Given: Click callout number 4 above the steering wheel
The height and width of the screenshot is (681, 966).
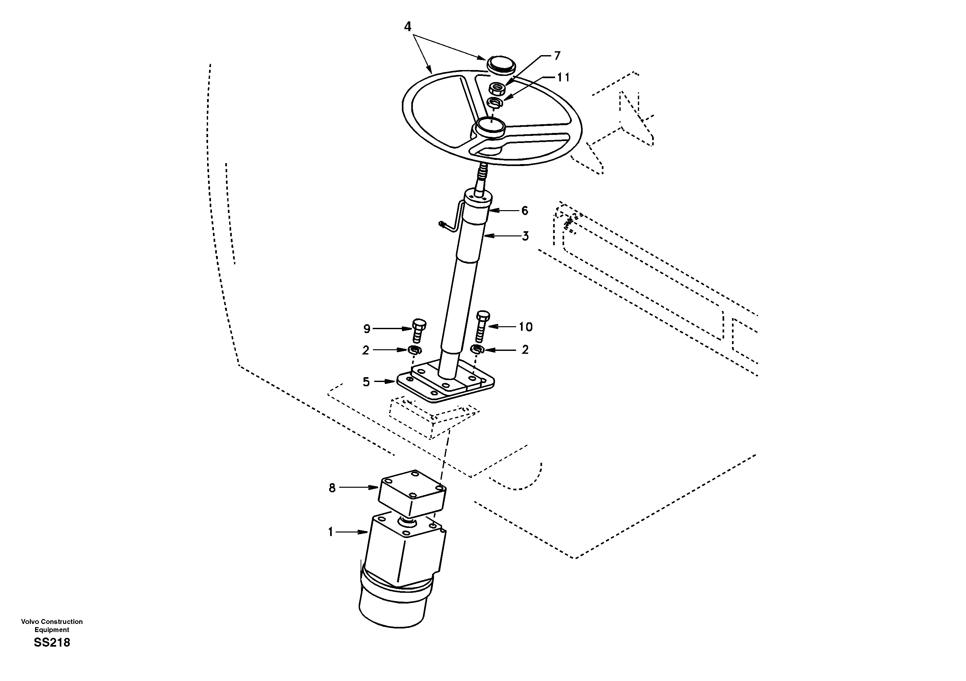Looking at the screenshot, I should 407,27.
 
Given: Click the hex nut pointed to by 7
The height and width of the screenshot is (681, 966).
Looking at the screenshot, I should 497,89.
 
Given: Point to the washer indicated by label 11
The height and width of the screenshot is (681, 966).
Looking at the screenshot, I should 494,102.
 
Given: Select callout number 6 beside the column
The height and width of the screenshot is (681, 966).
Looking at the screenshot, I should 524,210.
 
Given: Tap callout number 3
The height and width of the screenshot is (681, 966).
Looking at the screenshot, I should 525,236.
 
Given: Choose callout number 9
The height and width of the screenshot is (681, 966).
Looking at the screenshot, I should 367,329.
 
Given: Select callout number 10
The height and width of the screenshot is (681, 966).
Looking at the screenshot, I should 526,327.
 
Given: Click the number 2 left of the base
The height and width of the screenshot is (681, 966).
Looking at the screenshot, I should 365,350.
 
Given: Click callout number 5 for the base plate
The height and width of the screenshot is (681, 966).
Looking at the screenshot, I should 366,382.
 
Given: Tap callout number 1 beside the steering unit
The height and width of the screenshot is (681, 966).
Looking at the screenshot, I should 331,532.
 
